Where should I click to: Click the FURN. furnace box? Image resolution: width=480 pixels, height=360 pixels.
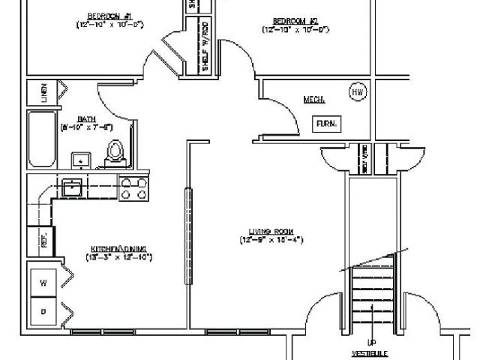point(325,124)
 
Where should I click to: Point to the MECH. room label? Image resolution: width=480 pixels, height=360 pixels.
point(313,99)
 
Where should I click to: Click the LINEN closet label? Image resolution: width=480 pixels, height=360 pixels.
point(44,92)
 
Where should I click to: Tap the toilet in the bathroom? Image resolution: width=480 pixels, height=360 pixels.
point(115,152)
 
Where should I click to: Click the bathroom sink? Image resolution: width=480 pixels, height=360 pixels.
point(79,160)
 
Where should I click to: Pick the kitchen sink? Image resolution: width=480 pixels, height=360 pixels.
point(73,187)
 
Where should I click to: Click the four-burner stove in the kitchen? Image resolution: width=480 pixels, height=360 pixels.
point(134,187)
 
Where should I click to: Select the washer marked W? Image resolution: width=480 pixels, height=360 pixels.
point(43,283)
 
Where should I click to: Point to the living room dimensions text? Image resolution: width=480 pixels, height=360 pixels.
point(271,240)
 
